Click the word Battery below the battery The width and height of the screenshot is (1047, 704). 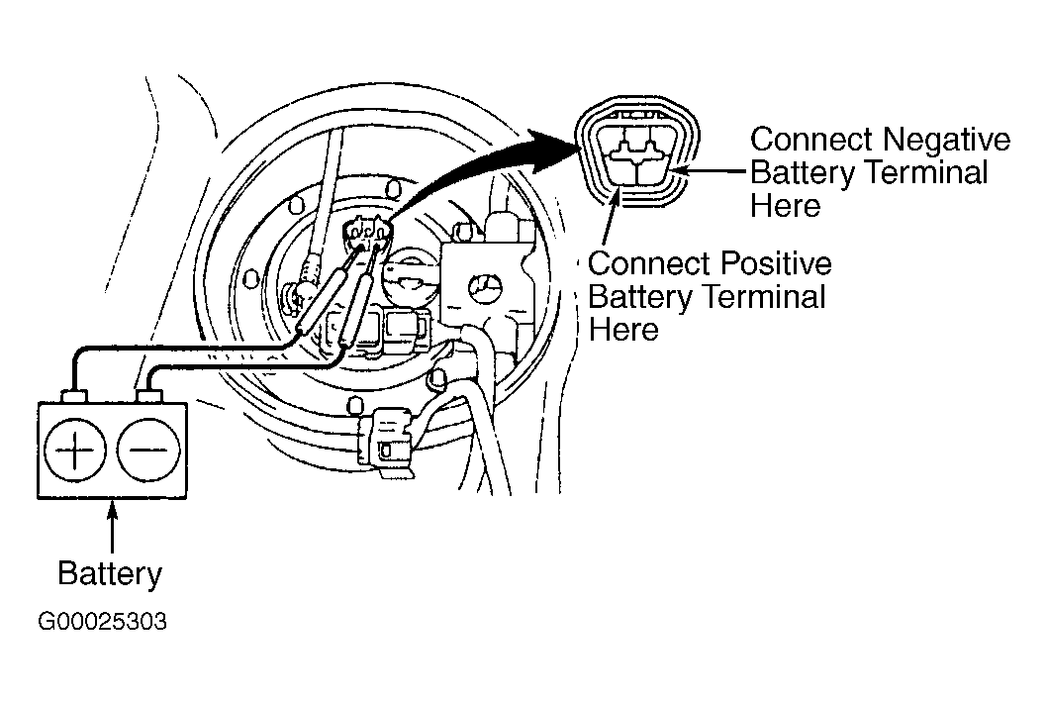click(109, 573)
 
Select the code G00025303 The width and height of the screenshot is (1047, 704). click(103, 623)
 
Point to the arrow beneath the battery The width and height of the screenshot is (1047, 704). click(112, 525)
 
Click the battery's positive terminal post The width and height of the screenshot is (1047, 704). click(74, 397)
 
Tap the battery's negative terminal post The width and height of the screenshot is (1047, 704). click(148, 397)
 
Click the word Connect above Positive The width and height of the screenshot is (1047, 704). click(648, 264)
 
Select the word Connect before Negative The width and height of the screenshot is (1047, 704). click(810, 140)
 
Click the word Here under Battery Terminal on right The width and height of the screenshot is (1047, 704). click(786, 206)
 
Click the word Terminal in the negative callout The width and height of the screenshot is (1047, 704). click(927, 173)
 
